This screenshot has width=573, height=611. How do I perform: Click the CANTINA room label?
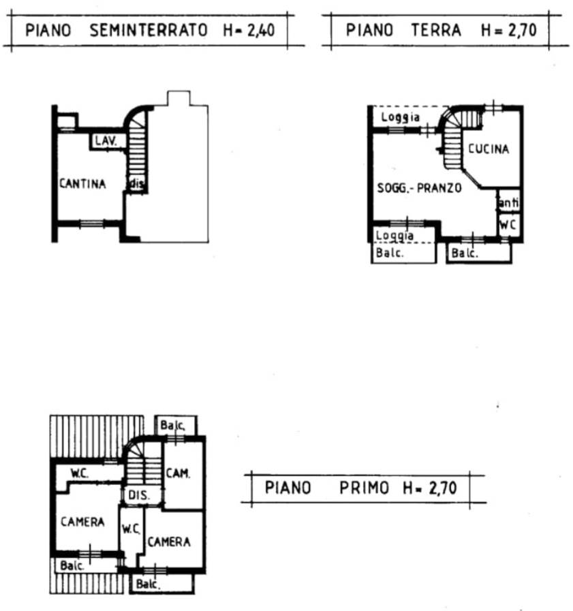click(82, 183)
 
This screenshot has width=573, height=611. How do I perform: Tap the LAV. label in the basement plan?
click(106, 141)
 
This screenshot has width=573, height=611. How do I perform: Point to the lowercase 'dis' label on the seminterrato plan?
click(137, 183)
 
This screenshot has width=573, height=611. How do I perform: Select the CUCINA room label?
click(489, 148)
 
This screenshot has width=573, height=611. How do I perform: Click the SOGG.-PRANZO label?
click(420, 188)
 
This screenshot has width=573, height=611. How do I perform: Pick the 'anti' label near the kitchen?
click(509, 202)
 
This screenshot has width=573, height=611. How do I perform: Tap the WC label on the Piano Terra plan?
click(508, 225)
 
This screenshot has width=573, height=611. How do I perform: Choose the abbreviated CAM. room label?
click(178, 473)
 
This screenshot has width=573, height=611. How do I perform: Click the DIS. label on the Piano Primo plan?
click(139, 495)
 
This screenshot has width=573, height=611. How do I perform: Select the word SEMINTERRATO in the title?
click(149, 30)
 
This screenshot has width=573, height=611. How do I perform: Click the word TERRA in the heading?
click(436, 30)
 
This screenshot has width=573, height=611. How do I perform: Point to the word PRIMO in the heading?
click(364, 488)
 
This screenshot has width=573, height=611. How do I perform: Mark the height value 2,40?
click(261, 31)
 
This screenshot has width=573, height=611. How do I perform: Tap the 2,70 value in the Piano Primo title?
click(442, 488)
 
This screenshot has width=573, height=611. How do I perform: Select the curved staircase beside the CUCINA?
click(460, 136)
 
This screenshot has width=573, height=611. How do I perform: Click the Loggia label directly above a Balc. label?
click(394, 236)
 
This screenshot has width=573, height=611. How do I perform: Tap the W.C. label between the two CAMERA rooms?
click(131, 529)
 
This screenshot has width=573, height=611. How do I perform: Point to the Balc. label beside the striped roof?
click(72, 565)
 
